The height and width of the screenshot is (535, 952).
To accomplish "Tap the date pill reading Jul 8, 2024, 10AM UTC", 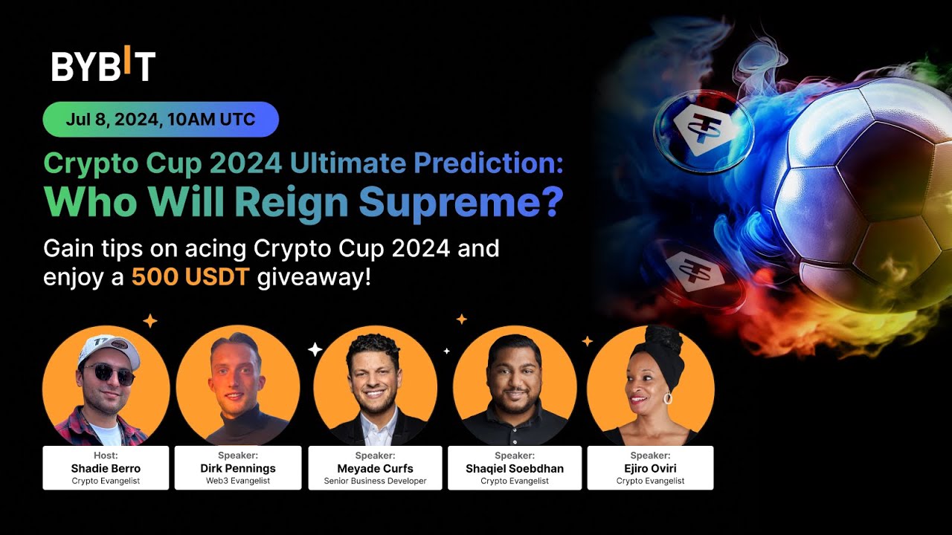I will coord(161,120).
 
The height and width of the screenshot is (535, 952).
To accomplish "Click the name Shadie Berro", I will coord(106,468).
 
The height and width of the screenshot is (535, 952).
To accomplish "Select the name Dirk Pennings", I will coord(238,468).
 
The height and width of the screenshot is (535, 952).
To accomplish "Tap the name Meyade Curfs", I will coord(375,468).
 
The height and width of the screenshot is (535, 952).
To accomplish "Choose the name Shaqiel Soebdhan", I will coord(515,468).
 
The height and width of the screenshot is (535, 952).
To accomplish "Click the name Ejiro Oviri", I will coord(650,468).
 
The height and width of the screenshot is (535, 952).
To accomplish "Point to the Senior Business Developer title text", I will coord(375,481).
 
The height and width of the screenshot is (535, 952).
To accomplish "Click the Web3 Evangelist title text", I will coord(238,481).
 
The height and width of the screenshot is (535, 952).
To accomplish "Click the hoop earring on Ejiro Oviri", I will coord(667,398).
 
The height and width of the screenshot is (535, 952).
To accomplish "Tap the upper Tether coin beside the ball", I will coord(703,132).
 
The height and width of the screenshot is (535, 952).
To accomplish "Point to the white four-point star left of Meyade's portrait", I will coord(315,349).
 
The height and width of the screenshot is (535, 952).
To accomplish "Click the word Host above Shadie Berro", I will coord(106,455).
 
